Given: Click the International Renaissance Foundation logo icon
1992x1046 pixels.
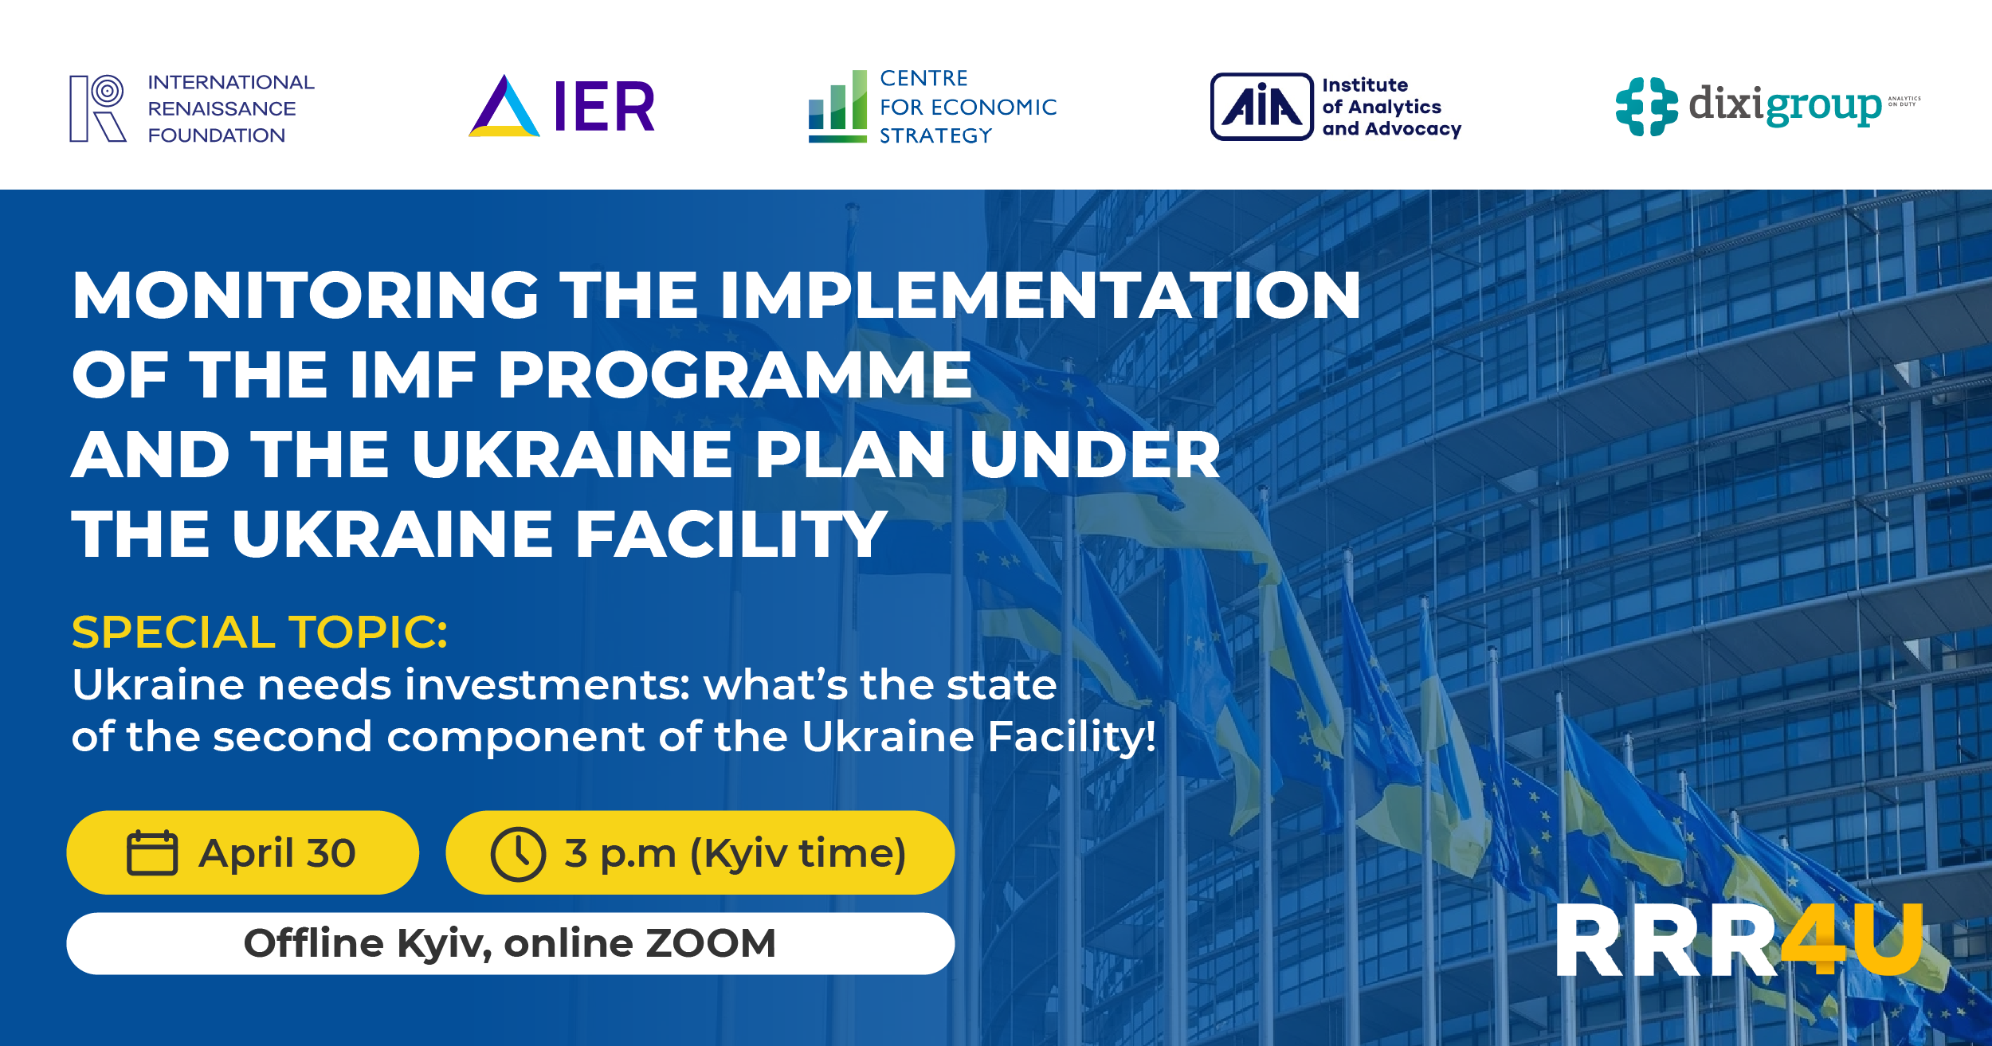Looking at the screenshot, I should click(98, 108).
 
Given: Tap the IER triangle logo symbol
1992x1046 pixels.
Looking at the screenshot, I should click(504, 108).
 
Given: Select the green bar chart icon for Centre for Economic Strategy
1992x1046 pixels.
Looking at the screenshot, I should click(837, 107).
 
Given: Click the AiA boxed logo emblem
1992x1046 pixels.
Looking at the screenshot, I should click(1261, 107).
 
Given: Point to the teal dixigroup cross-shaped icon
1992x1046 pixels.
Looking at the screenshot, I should click(1646, 107).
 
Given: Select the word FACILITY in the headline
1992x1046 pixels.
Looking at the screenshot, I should click(731, 535).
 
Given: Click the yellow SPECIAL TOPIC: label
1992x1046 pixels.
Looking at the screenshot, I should click(260, 633).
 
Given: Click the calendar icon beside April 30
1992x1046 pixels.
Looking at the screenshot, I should click(152, 853).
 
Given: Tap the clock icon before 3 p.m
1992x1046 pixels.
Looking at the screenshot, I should click(518, 853).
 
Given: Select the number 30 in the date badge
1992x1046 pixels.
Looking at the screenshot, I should click(331, 853).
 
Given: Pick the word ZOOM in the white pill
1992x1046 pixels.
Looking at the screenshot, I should click(710, 943).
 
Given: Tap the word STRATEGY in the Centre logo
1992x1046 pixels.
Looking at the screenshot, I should click(935, 136).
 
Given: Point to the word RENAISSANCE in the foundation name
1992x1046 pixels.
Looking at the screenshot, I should click(222, 108).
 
